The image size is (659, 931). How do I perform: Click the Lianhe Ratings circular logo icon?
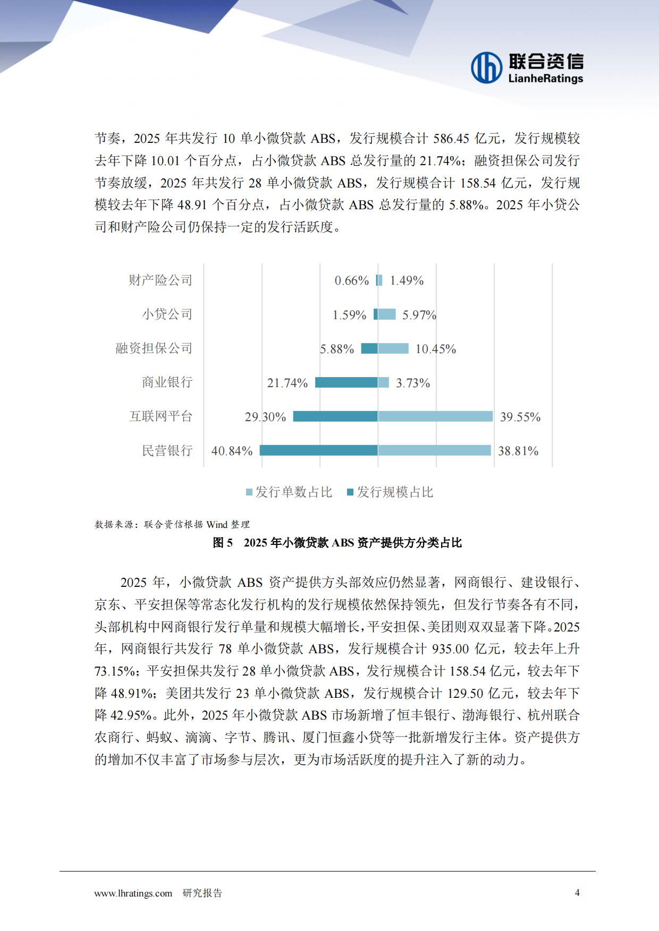tap(486, 67)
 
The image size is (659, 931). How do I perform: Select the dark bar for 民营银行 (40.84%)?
tap(318, 450)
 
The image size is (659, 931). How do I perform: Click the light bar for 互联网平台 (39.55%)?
tap(435, 416)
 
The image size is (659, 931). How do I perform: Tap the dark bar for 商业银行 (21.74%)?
tap(346, 382)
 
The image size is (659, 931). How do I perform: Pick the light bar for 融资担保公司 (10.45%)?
tap(393, 348)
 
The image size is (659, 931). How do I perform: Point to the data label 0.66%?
tap(351, 280)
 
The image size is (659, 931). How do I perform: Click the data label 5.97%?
tap(419, 315)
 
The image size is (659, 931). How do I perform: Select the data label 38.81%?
tap(518, 451)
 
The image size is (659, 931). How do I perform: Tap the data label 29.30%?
tap(265, 417)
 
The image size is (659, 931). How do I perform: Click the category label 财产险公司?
tap(160, 280)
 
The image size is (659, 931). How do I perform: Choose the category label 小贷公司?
tap(167, 314)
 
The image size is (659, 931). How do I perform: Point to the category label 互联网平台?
tap(160, 416)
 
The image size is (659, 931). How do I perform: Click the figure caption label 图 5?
tap(223, 543)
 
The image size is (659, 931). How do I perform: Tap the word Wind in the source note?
tap(217, 525)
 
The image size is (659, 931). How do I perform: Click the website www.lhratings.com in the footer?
tap(133, 893)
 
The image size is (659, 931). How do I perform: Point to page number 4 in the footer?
tap(577, 893)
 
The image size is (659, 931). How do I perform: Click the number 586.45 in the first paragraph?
tap(451, 139)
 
